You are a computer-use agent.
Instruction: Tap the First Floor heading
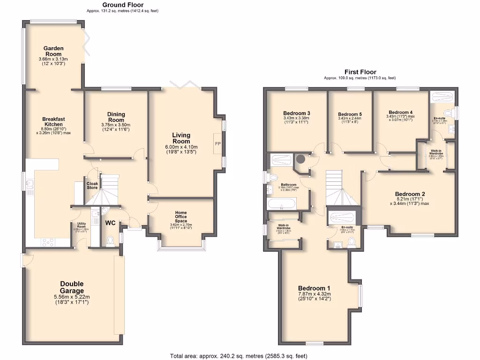[360, 72]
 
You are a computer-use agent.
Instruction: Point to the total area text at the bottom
[239, 356]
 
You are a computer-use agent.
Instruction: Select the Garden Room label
[53, 51]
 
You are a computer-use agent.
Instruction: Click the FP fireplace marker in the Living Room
[218, 143]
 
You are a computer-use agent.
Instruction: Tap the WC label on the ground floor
[110, 223]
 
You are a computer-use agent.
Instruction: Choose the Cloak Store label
[92, 185]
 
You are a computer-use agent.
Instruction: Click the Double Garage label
[72, 287]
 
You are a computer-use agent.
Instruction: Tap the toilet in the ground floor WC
[111, 241]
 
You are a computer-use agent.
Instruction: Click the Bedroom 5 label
[350, 114]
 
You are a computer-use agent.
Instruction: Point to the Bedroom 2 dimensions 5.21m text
[410, 200]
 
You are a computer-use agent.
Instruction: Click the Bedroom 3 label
[296, 113]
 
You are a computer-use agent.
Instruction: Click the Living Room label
[181, 138]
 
